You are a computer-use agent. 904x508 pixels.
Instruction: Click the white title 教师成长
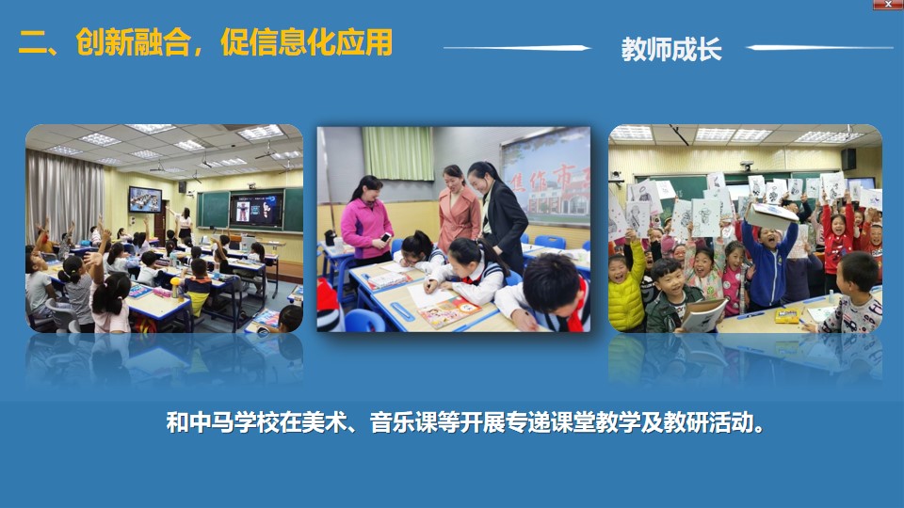(x=671, y=50)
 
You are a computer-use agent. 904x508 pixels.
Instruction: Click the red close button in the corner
(x=888, y=4)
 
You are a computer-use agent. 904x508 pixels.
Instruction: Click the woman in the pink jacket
(x=366, y=220)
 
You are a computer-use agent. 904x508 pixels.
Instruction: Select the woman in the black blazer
(x=500, y=214)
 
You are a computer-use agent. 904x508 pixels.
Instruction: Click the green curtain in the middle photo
(x=397, y=152)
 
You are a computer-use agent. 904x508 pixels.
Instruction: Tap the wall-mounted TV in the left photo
(x=145, y=199)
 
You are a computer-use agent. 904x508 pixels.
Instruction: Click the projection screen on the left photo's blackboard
(x=256, y=209)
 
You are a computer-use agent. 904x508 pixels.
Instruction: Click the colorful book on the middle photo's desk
(x=449, y=312)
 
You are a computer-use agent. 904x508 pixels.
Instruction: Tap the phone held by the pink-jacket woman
(x=384, y=237)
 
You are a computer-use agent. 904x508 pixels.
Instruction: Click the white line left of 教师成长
(x=517, y=48)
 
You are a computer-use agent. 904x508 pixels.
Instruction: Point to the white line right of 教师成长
(x=819, y=47)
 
